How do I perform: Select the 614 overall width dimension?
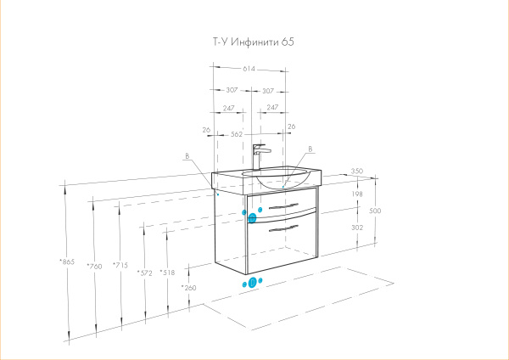click(x=251, y=69)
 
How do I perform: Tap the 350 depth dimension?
click(x=356, y=172)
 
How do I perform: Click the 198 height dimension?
click(x=356, y=194)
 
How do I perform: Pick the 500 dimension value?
click(x=375, y=211)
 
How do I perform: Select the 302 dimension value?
click(x=356, y=228)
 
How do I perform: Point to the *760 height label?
click(x=94, y=267)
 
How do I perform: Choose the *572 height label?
click(x=144, y=273)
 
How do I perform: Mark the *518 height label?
click(x=167, y=273)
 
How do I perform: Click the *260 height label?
click(x=188, y=288)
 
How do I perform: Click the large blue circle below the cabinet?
click(x=251, y=283)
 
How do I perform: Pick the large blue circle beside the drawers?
click(x=252, y=218)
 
